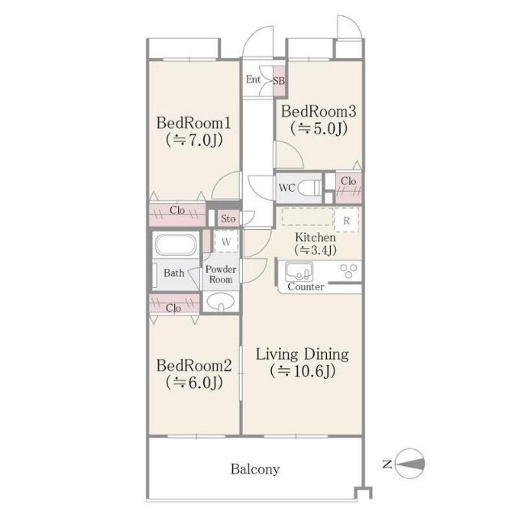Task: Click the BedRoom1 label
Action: coord(193,123)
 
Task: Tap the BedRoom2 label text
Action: coord(194,366)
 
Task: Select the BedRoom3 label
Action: coord(318,112)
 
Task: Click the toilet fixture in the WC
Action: coord(309,188)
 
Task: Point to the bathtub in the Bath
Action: coord(176,244)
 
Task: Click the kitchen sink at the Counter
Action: coord(299,271)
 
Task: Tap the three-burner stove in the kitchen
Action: coord(349,271)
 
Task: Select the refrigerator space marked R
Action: coord(346,220)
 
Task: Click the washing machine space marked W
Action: coord(227,241)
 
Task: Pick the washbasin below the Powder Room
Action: coord(220,302)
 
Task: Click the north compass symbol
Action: coord(410,464)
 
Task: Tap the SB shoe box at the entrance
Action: coord(279,81)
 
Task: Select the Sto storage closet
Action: coord(228,219)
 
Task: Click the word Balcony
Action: coord(255,469)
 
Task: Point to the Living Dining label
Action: coord(302,355)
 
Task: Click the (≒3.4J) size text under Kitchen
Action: coord(316,250)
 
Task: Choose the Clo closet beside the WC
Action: coord(349,187)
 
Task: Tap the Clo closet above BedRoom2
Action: coord(175,303)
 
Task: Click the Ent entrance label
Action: coord(253,79)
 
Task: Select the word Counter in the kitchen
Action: coord(306,287)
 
